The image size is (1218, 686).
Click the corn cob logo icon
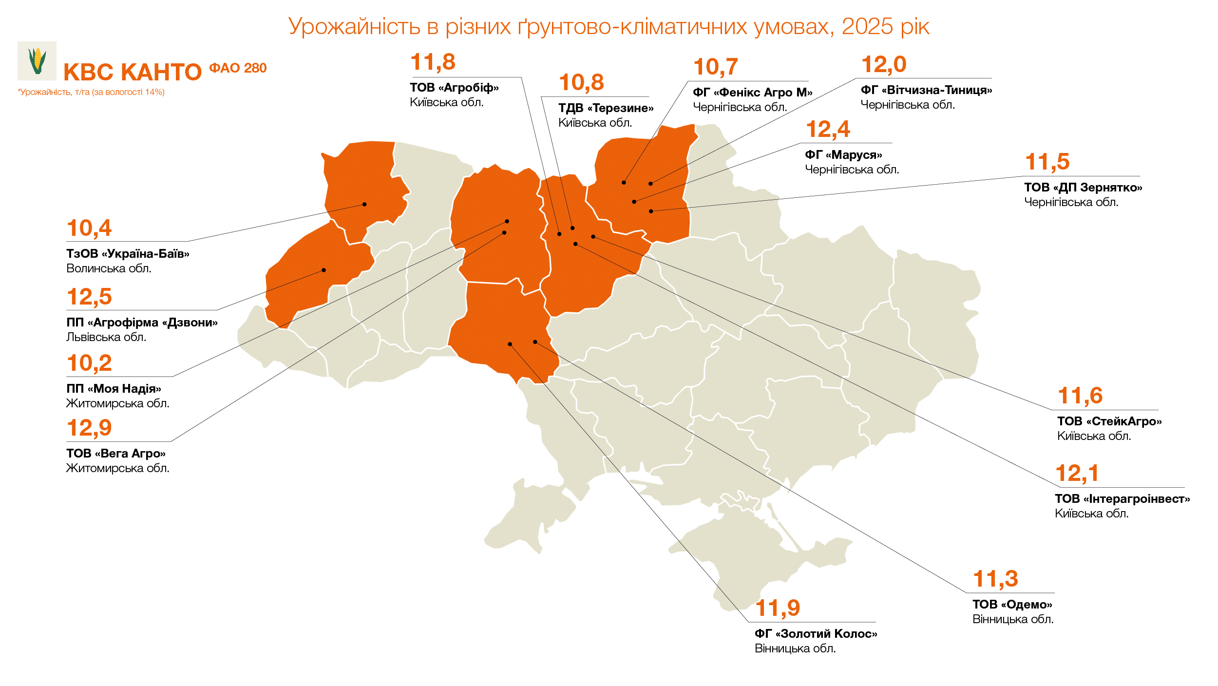click(x=37, y=61)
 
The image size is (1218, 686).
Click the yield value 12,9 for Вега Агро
click(x=89, y=428)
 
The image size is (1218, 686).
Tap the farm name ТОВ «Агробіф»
click(x=454, y=88)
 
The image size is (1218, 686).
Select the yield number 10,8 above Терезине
click(x=581, y=83)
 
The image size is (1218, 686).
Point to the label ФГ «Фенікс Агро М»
click(x=752, y=93)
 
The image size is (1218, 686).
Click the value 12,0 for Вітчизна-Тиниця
click(x=883, y=65)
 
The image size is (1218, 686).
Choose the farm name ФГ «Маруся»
click(x=843, y=155)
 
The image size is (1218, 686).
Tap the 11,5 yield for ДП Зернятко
click(x=1047, y=162)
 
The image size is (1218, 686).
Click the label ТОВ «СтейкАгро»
click(x=1109, y=421)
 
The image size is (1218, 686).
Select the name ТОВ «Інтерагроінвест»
click(x=1122, y=499)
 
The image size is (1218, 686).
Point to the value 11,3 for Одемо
click(x=995, y=579)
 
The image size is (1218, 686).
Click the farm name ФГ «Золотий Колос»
click(x=816, y=634)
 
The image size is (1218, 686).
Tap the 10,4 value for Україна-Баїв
click(x=89, y=228)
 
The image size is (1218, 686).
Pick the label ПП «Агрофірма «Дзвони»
click(x=142, y=323)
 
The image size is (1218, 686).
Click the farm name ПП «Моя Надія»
click(x=114, y=389)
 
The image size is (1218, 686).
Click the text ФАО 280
click(x=238, y=68)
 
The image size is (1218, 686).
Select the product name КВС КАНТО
click(x=133, y=73)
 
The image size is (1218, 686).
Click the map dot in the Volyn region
click(x=364, y=204)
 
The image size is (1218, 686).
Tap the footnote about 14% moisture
click(x=91, y=92)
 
